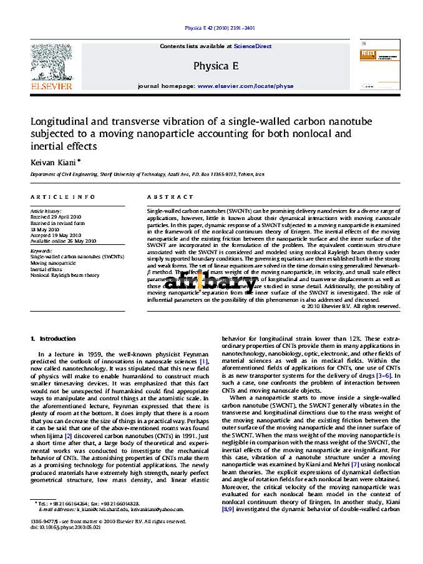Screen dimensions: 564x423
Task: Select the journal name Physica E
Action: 216,66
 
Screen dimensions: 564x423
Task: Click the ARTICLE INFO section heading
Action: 63,197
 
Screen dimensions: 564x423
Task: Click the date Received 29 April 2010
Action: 56,217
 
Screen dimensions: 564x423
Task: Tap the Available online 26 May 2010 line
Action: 63,240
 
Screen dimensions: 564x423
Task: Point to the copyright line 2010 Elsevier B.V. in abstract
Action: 351,306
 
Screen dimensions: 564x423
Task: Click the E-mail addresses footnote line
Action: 103,509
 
